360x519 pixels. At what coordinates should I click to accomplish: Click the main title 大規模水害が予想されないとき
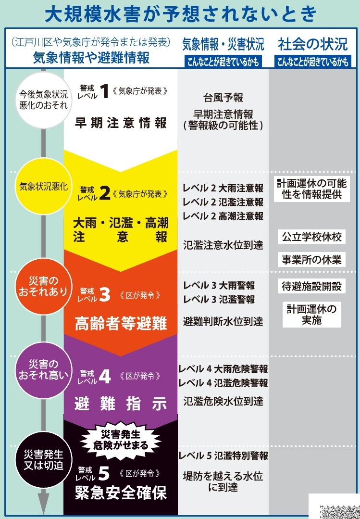[x=181, y=14]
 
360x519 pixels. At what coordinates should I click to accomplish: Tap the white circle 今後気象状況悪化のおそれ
[x=43, y=100]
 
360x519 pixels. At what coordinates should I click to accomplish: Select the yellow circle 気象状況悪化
[x=43, y=186]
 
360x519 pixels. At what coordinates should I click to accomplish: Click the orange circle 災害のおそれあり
[x=43, y=286]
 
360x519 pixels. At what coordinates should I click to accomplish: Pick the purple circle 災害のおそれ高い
[x=43, y=370]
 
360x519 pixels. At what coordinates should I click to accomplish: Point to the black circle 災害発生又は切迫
[x=43, y=460]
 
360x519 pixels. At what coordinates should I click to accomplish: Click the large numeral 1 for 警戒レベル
[x=105, y=91]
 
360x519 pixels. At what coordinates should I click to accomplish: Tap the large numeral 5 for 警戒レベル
[x=104, y=473]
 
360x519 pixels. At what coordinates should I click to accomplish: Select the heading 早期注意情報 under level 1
[x=121, y=123]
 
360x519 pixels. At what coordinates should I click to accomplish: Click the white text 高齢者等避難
[x=121, y=323]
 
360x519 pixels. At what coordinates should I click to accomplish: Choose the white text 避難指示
[x=121, y=404]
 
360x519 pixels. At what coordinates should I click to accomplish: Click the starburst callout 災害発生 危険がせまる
[x=121, y=440]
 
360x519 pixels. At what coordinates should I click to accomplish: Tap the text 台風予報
[x=223, y=98]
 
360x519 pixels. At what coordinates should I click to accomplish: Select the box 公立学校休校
[x=311, y=237]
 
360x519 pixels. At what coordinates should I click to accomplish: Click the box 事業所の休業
[x=311, y=260]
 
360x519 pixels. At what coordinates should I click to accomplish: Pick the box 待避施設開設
[x=311, y=286]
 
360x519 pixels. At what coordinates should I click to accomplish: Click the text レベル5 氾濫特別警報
[x=223, y=456]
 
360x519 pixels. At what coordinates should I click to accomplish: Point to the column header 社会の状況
[x=313, y=44]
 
